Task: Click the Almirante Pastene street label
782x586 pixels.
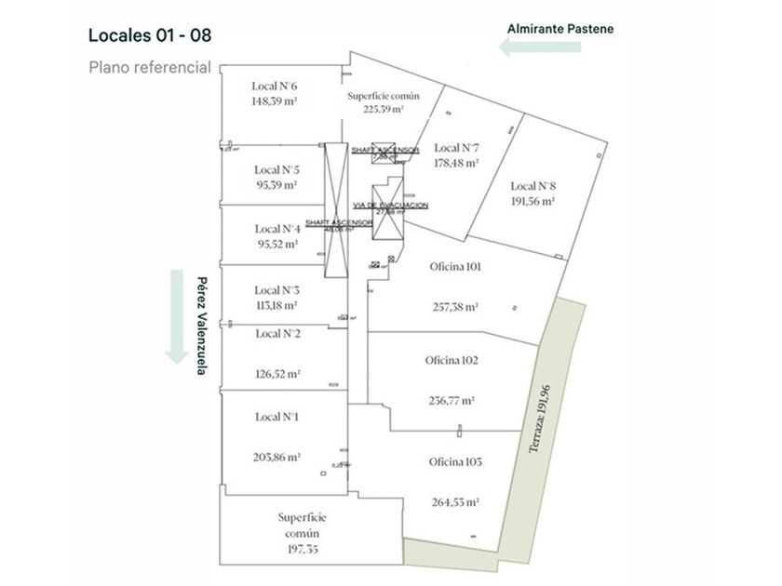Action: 560,29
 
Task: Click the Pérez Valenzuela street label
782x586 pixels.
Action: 200,326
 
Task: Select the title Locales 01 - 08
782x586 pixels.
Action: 150,36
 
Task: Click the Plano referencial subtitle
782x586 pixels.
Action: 150,67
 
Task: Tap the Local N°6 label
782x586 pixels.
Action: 274,87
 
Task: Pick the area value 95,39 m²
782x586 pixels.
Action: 276,185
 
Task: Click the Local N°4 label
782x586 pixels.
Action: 276,229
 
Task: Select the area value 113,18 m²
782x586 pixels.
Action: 276,304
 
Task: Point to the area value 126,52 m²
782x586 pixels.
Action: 276,375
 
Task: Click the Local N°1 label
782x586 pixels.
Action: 276,417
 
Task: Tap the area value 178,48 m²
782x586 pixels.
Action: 456,163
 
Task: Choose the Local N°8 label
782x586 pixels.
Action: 533,185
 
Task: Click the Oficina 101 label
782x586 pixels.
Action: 455,267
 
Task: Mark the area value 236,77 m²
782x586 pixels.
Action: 452,401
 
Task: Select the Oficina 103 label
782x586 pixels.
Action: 455,462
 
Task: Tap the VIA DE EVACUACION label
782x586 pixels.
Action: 390,205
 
